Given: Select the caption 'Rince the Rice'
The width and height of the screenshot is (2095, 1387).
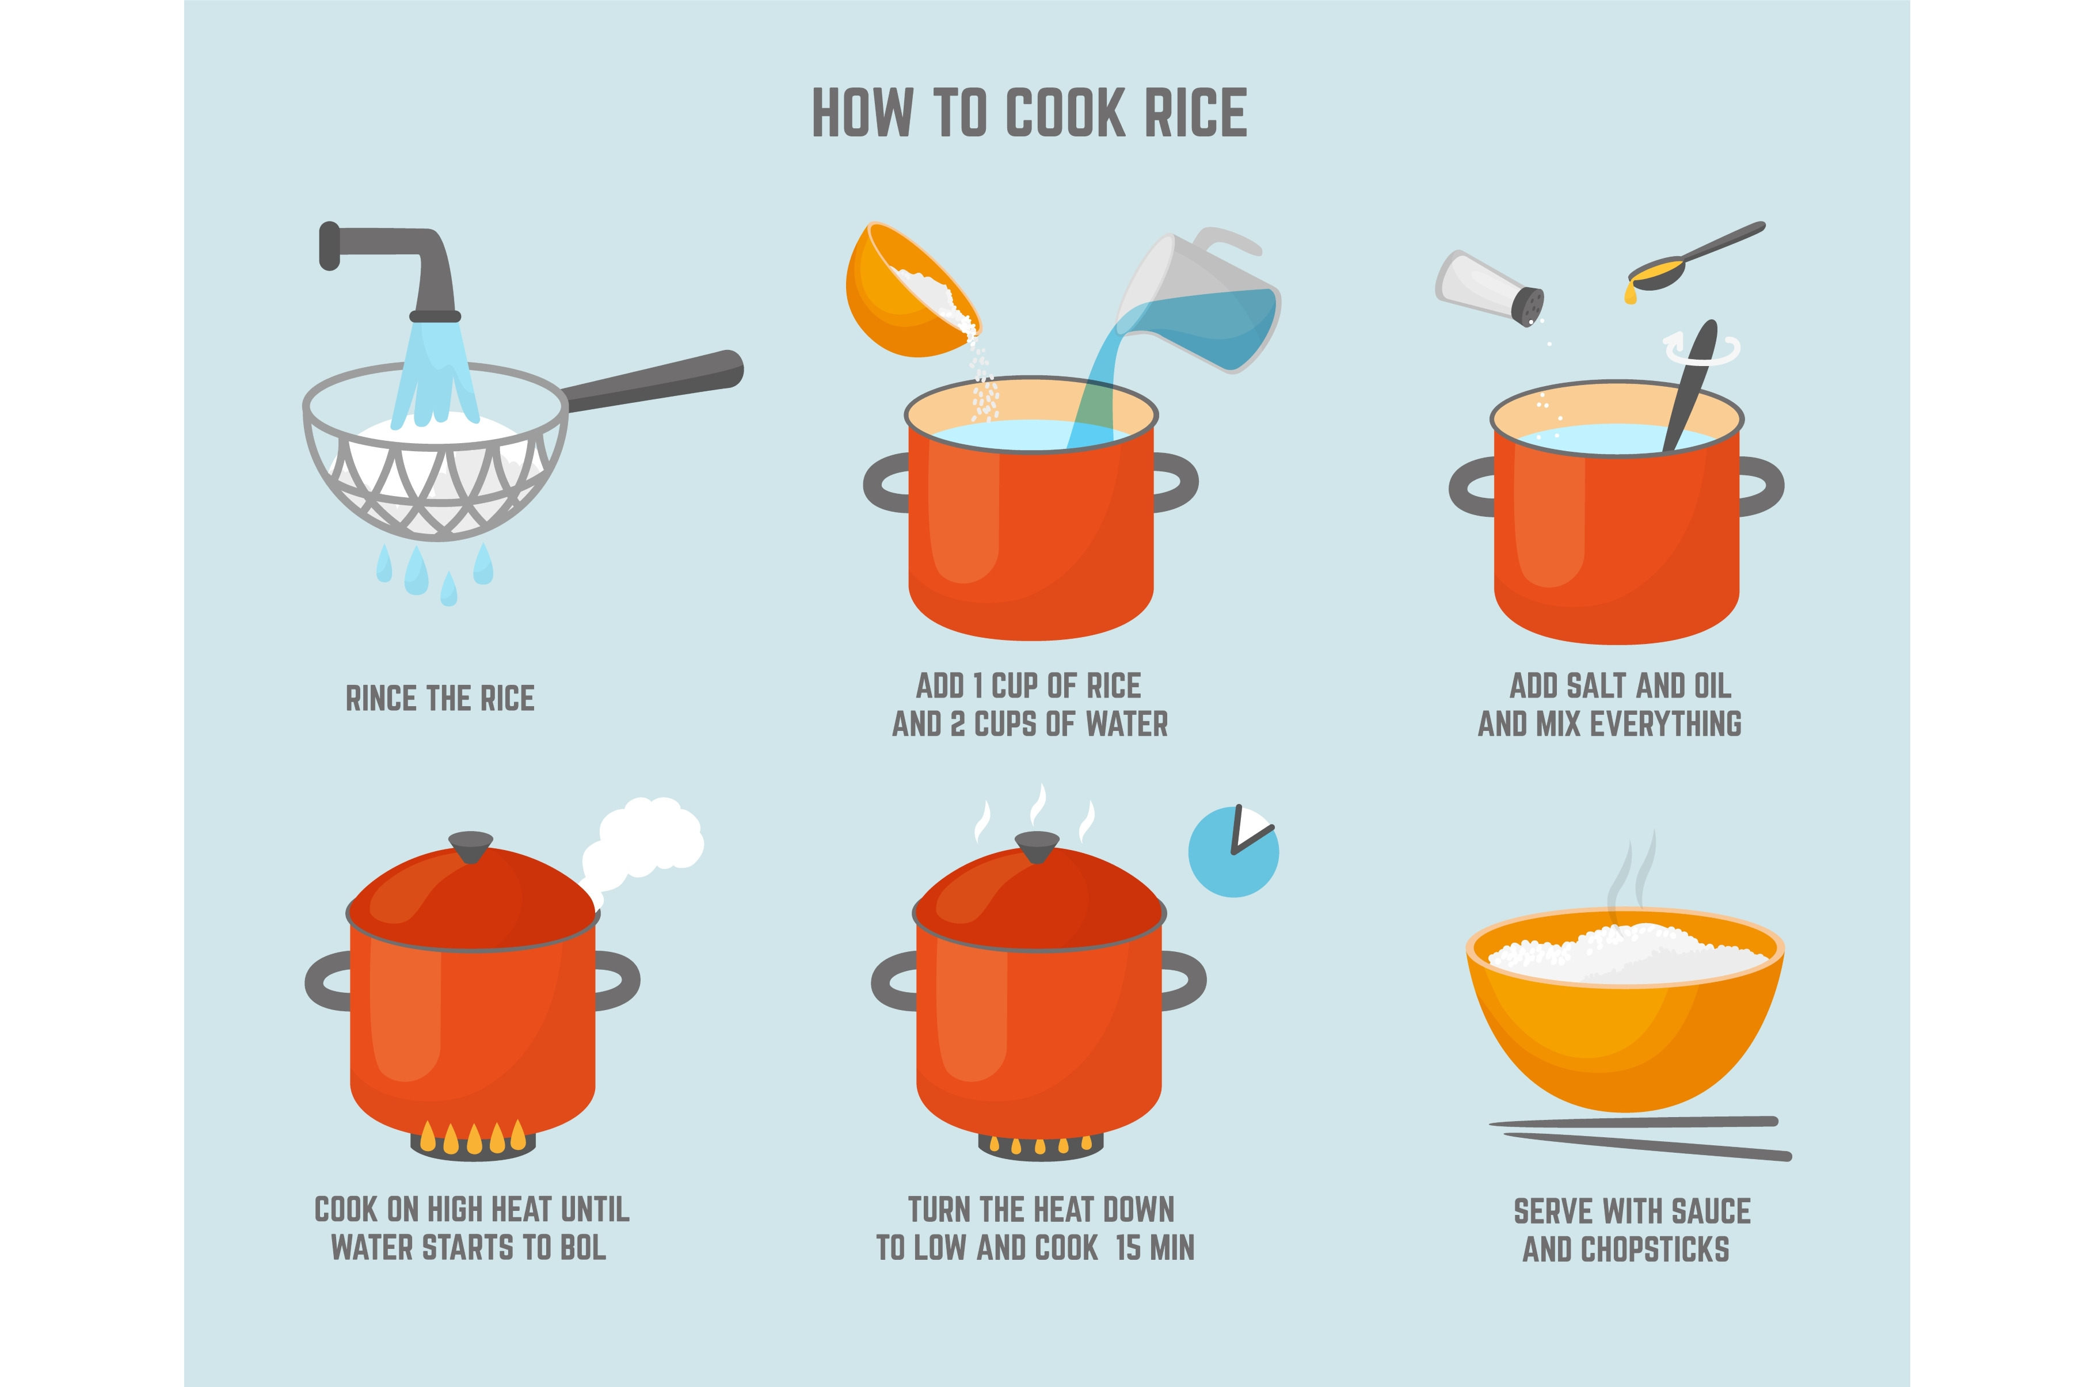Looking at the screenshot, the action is point(440,698).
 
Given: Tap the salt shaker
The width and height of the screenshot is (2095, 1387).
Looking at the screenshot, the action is point(1490,288).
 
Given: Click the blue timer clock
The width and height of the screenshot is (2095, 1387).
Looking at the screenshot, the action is point(1233,852).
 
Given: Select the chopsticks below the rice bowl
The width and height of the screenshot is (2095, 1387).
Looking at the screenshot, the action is point(1640,1138).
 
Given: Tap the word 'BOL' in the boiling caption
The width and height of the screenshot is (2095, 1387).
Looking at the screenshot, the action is point(584,1248).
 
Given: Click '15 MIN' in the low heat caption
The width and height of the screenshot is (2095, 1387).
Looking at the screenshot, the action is point(1155,1248).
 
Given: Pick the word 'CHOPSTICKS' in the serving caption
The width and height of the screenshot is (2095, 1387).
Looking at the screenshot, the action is point(1655,1250).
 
